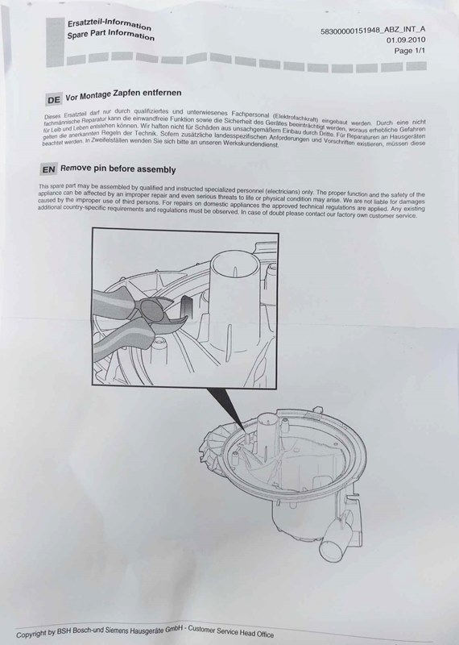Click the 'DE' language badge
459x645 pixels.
coord(52,100)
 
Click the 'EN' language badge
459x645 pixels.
coord(48,170)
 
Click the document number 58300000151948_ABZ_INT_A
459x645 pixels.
coord(378,28)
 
